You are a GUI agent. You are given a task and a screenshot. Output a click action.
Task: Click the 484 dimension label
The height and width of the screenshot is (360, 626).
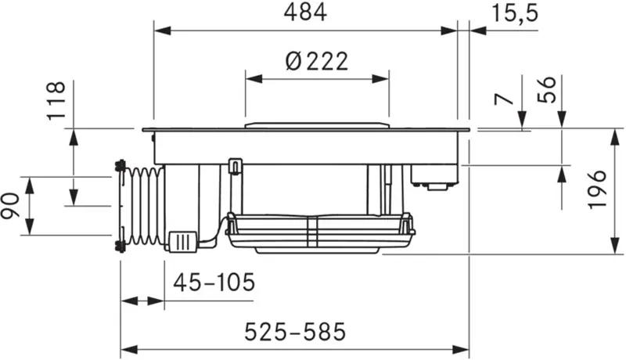pyautogui.click(x=305, y=13)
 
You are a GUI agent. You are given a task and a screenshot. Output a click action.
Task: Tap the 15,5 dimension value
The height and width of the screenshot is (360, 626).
pyautogui.click(x=515, y=13)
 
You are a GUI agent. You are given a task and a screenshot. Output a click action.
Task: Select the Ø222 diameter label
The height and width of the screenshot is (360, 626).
pyautogui.click(x=317, y=62)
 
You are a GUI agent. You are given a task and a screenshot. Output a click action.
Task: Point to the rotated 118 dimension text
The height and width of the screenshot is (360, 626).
pyautogui.click(x=56, y=100)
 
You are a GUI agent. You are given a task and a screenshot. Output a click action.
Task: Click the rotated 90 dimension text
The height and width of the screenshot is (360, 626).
pyautogui.click(x=10, y=206)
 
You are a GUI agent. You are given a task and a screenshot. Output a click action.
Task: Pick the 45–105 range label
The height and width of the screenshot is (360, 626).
pyautogui.click(x=214, y=283)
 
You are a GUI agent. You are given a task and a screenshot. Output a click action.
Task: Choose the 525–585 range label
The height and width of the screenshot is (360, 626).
pyautogui.click(x=295, y=332)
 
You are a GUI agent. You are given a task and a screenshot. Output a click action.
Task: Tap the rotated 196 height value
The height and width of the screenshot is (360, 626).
pyautogui.click(x=597, y=189)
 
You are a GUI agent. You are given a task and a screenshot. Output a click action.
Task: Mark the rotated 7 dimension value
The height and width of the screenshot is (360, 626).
pyautogui.click(x=504, y=99)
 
